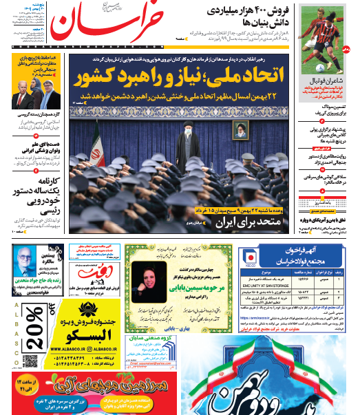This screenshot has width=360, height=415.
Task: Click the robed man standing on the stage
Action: click(x=185, y=142)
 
